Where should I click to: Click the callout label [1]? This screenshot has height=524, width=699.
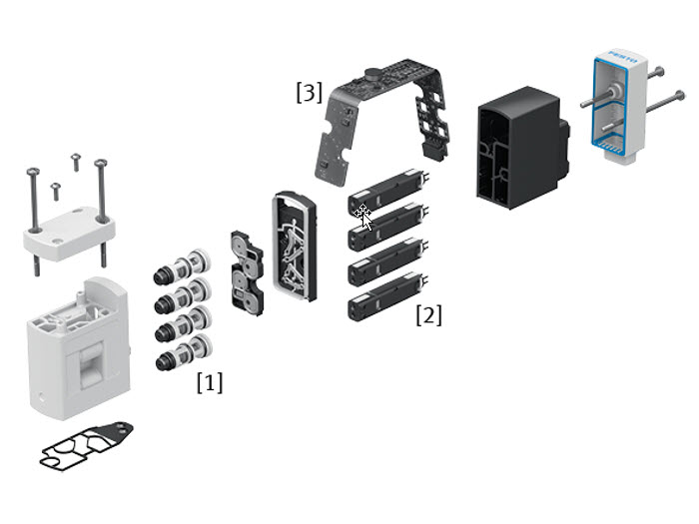tap(209, 381)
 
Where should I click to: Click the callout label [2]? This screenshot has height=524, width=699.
tap(427, 315)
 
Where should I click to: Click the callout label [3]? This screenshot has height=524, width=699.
tap(309, 93)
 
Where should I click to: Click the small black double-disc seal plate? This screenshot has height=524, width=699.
tap(246, 271)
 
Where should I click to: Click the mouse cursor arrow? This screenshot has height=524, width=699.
tap(363, 216)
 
